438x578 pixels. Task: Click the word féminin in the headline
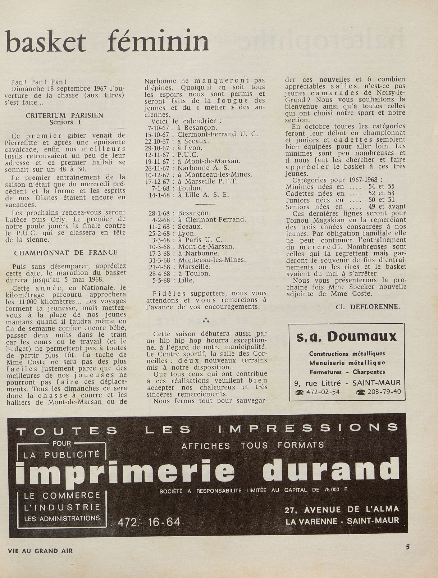(158, 42)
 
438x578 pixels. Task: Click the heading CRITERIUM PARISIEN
(65, 115)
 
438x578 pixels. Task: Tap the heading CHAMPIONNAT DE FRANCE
(66, 252)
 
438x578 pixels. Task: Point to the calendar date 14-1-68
(160, 195)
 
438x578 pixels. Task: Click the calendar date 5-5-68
(161, 280)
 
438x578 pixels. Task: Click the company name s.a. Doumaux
(346, 337)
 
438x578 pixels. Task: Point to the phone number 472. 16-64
(149, 522)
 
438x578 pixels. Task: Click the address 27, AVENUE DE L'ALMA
(342, 509)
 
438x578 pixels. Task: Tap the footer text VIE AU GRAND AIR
(40, 551)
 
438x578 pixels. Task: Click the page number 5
(407, 547)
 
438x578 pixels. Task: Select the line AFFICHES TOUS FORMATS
(252, 445)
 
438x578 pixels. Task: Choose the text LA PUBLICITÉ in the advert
(61, 455)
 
